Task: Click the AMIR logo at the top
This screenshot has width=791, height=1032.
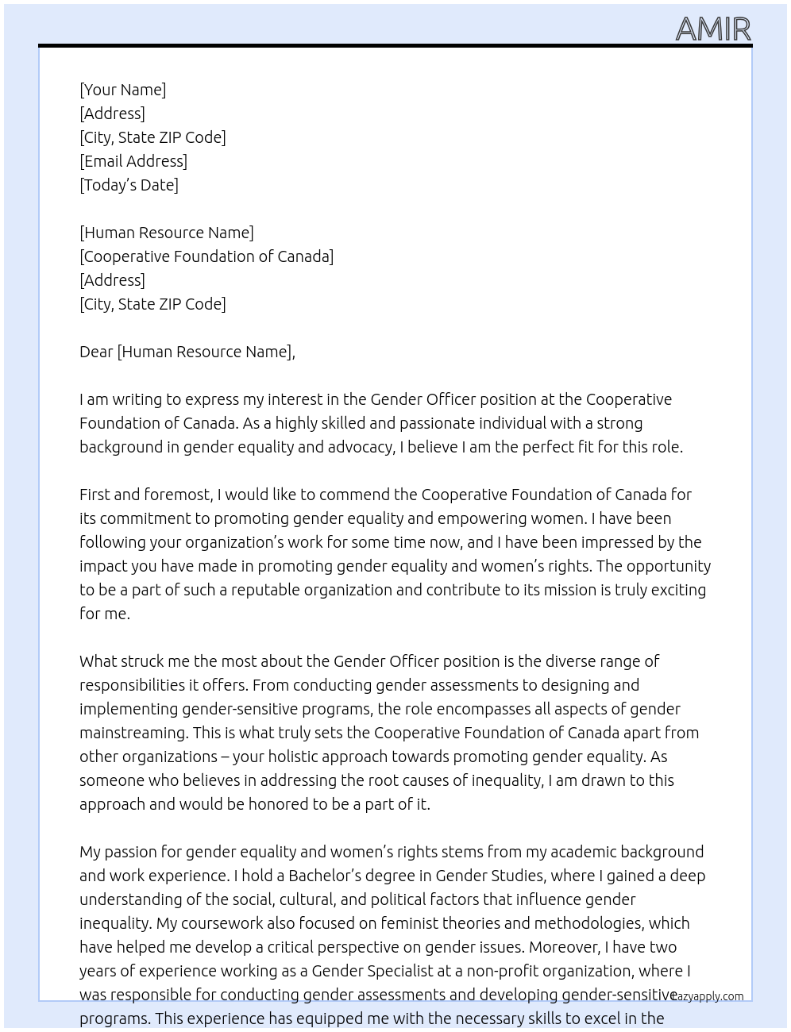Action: click(712, 29)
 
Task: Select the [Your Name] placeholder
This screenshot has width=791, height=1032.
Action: click(123, 90)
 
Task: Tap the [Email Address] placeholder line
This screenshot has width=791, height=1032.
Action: click(133, 161)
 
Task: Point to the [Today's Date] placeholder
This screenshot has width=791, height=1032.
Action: click(129, 185)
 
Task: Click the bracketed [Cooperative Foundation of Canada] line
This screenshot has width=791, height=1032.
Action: click(206, 256)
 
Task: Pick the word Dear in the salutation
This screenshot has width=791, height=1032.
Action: click(96, 352)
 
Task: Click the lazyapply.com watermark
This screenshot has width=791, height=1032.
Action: click(708, 996)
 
